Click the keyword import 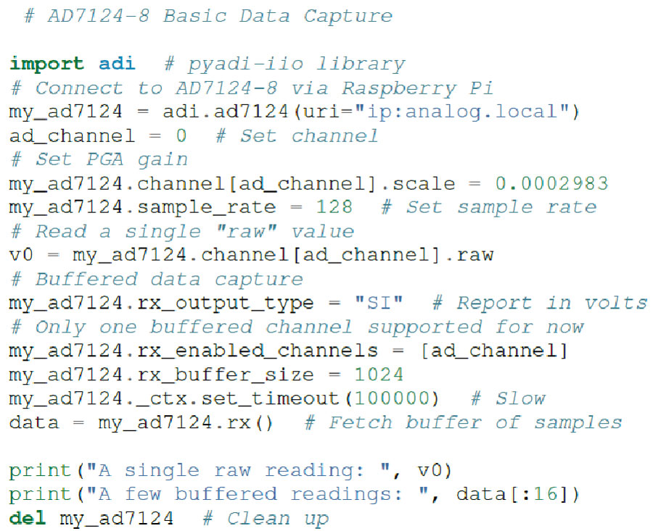click(46, 64)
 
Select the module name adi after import click(117, 64)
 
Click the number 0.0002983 click(552, 183)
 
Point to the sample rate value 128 click(334, 207)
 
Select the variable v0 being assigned click(21, 255)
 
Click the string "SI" click(379, 303)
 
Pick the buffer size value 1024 click(379, 375)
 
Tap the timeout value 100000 click(393, 398)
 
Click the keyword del click(27, 518)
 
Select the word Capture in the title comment click(348, 17)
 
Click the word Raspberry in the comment click(399, 88)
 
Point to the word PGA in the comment click(105, 159)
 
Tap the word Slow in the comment click(520, 398)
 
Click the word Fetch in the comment click(361, 422)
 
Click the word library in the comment click(361, 64)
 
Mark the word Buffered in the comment click(86, 279)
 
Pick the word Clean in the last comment click(258, 518)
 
